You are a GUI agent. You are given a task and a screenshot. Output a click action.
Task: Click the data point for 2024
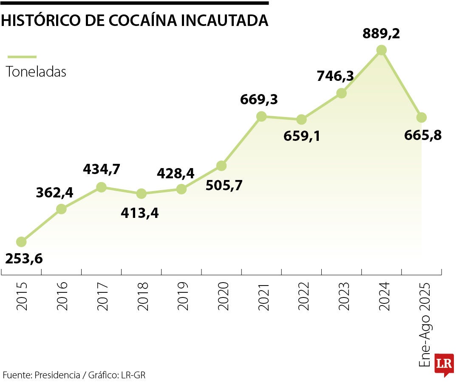coord(381,50)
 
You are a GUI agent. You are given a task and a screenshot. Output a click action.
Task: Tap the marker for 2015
coord(21,242)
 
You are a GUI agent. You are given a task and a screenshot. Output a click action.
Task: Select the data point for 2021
coord(261,116)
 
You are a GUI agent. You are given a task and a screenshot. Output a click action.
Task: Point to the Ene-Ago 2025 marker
coord(421,117)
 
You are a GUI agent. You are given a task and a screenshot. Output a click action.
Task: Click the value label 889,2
coord(381,34)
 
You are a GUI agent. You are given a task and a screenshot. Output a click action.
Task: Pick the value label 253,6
coord(24,258)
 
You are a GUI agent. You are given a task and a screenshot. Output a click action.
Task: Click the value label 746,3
coord(335,76)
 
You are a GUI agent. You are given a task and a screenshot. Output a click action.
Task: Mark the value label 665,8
coord(423,135)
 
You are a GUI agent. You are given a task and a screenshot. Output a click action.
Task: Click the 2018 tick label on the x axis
coord(142,296)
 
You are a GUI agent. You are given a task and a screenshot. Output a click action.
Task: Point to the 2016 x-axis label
coord(62,296)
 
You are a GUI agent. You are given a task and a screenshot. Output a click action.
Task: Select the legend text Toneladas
coord(36,71)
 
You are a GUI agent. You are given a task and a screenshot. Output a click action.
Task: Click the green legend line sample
coord(22,57)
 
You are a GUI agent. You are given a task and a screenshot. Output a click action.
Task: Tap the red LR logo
coord(444,364)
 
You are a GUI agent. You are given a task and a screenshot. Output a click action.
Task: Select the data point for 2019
coord(181,189)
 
